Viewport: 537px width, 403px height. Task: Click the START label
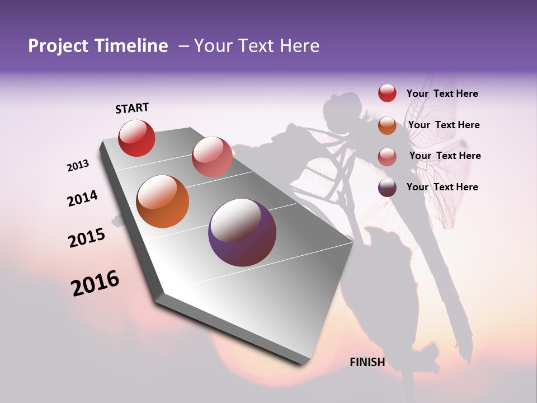[x=132, y=108]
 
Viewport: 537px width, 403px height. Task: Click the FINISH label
[x=367, y=362]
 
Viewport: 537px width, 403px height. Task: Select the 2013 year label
[x=78, y=166]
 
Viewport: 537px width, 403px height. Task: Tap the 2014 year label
[x=82, y=198]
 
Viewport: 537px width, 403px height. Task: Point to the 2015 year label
[x=87, y=237]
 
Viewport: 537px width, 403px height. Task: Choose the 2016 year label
[x=95, y=283]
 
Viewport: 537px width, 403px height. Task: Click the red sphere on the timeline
[x=136, y=138]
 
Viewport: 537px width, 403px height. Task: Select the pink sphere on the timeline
[x=212, y=157]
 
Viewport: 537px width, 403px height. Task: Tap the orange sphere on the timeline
[x=163, y=201]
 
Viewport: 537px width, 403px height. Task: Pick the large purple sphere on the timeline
[x=242, y=232]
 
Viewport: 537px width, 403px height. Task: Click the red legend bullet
[x=387, y=93]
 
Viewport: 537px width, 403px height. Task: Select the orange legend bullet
[x=387, y=125]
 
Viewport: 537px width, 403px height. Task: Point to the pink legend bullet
[x=387, y=156]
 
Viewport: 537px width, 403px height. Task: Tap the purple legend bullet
[x=387, y=188]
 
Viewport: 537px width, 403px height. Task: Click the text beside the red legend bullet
[x=442, y=93]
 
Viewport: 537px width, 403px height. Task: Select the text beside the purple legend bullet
[x=442, y=187]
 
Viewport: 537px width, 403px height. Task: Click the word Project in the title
[x=58, y=46]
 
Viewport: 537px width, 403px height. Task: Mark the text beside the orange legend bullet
[x=444, y=125]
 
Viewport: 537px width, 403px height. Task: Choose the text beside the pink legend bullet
[x=445, y=156]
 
